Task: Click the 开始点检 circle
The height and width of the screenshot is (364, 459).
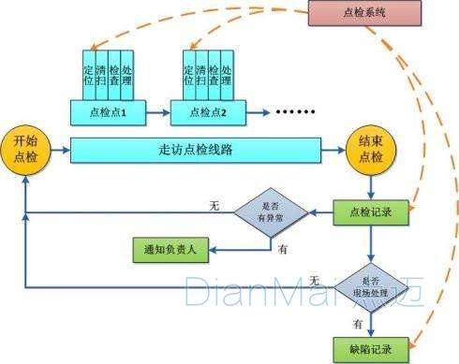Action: pos(25,148)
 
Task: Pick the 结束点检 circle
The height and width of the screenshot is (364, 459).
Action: pos(370,148)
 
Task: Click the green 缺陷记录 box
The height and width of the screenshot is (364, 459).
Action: pos(370,345)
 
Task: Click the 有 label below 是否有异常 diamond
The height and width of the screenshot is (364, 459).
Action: pos(283,248)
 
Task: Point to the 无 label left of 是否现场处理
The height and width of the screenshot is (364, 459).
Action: pos(315,280)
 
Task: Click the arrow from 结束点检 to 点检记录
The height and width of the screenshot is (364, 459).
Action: pos(370,185)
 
